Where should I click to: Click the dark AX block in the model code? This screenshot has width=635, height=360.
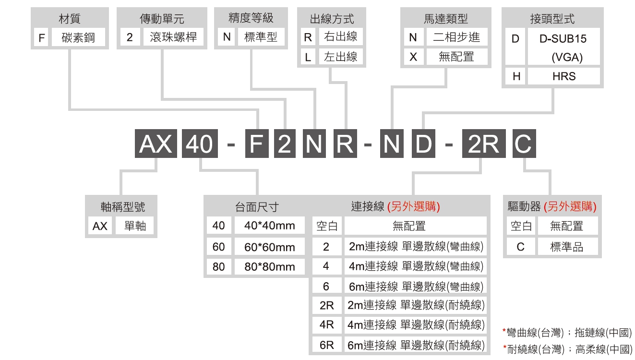[x=156, y=144]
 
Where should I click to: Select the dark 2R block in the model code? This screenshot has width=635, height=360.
[x=484, y=144]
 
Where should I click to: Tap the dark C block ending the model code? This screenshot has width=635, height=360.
[x=524, y=144]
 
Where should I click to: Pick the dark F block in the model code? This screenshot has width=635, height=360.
[x=257, y=144]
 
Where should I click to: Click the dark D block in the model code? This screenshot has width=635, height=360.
[x=423, y=144]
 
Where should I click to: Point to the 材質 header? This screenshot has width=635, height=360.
[x=70, y=19]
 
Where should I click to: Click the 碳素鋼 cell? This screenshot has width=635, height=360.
[x=78, y=37]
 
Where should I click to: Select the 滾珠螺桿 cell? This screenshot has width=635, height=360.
[x=173, y=37]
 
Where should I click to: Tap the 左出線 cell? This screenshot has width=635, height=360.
[x=341, y=57]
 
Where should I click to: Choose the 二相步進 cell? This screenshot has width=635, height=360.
[x=456, y=37]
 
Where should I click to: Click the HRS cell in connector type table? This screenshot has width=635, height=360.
[x=564, y=76]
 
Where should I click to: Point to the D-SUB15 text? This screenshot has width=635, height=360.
[x=563, y=38]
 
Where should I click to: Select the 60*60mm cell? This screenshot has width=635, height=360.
[x=270, y=247]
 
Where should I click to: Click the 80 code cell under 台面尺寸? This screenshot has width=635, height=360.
[x=218, y=267]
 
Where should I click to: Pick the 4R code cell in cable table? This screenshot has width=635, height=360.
[x=326, y=324]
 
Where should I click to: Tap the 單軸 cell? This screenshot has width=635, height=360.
[x=135, y=226]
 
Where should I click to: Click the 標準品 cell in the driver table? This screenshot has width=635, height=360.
[x=567, y=247]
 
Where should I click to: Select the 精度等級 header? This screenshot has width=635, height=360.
[x=251, y=18]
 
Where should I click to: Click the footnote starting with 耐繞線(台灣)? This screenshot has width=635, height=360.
[x=568, y=349]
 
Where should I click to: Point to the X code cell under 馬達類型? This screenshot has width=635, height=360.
[x=413, y=57]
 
